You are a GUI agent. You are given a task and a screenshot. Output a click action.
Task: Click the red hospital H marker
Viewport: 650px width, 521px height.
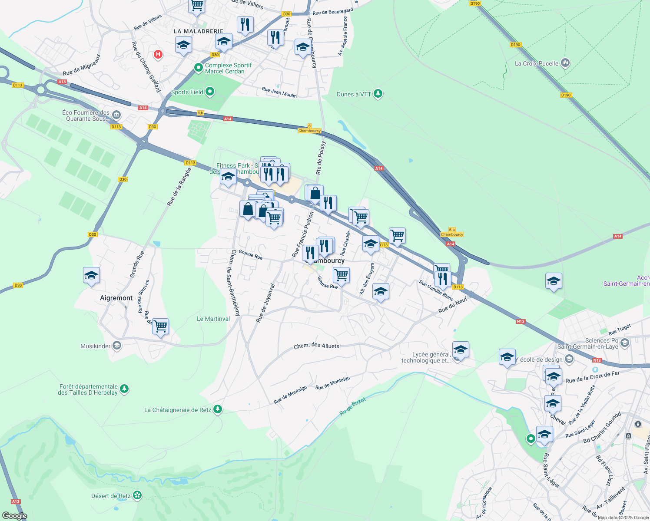158,54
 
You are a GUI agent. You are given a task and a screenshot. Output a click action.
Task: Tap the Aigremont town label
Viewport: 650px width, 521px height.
116,298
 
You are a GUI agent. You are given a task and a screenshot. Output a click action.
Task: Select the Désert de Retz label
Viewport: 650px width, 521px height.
111,496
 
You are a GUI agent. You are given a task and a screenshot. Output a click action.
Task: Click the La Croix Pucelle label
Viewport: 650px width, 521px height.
536,63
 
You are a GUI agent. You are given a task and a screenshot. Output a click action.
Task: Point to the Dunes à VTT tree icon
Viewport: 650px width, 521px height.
378,94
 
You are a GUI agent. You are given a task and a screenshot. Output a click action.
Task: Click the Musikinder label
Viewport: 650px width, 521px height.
96,346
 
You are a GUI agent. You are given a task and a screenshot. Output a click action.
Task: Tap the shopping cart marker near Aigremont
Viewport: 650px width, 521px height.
161,326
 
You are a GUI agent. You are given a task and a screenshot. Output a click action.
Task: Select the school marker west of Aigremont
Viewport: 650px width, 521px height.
91,276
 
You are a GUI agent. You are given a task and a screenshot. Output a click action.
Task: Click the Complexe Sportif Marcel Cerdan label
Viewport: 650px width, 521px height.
228,68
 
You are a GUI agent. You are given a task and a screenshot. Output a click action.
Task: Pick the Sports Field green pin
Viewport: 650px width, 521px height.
210,92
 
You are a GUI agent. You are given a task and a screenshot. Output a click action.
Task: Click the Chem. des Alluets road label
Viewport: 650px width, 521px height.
316,346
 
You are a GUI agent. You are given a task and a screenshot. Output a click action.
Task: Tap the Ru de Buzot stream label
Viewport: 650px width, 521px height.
352,406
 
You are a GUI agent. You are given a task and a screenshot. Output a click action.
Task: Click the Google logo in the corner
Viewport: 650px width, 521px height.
15,515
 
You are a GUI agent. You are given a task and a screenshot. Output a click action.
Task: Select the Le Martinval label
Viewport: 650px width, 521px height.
213,319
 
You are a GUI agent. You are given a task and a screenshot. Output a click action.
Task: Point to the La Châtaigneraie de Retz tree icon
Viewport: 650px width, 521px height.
218,409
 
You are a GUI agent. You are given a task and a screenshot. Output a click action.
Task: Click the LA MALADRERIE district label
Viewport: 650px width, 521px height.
199,31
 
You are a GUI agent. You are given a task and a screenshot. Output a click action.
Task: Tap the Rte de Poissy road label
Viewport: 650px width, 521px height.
321,158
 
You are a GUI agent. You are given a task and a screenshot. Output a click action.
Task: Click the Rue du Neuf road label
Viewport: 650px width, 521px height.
453,305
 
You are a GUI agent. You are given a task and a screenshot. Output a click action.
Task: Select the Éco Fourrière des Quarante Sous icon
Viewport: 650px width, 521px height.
116,115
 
